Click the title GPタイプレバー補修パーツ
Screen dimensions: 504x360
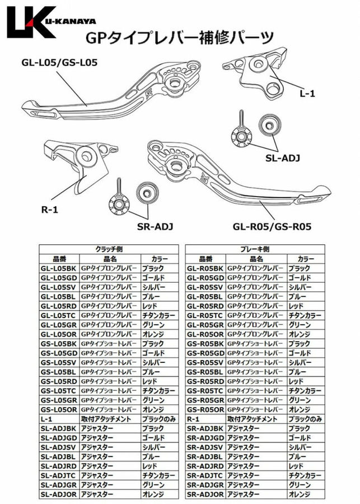179,38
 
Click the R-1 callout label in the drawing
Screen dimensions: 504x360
49,210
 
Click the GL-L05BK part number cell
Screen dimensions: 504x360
59,268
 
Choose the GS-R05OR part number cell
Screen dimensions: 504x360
205,409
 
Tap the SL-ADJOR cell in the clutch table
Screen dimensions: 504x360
59,494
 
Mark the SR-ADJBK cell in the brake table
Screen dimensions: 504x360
205,428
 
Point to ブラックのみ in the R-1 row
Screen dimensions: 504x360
306,419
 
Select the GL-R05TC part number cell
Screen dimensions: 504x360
205,315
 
